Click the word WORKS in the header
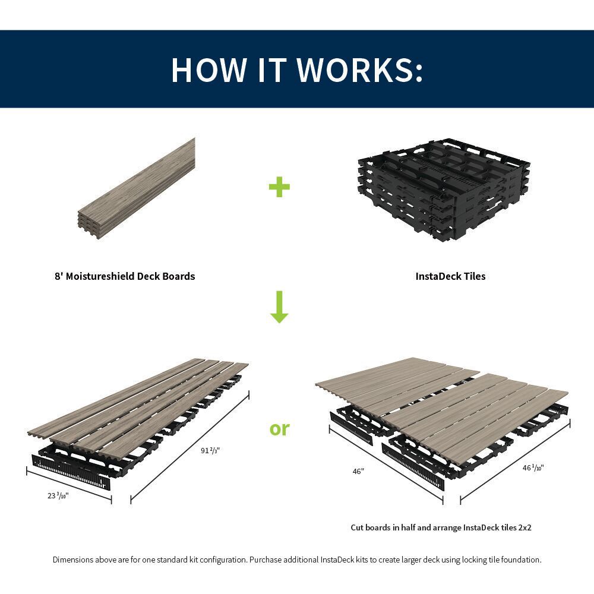pyautogui.click(x=359, y=69)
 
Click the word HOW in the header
pyautogui.click(x=208, y=69)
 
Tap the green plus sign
pyautogui.click(x=279, y=187)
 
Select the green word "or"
pyautogui.click(x=279, y=428)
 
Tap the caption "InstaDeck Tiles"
pyautogui.click(x=450, y=276)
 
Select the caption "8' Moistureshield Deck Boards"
pyautogui.click(x=125, y=276)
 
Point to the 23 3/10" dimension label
pyautogui.click(x=58, y=495)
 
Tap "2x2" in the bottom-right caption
pyautogui.click(x=522, y=527)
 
